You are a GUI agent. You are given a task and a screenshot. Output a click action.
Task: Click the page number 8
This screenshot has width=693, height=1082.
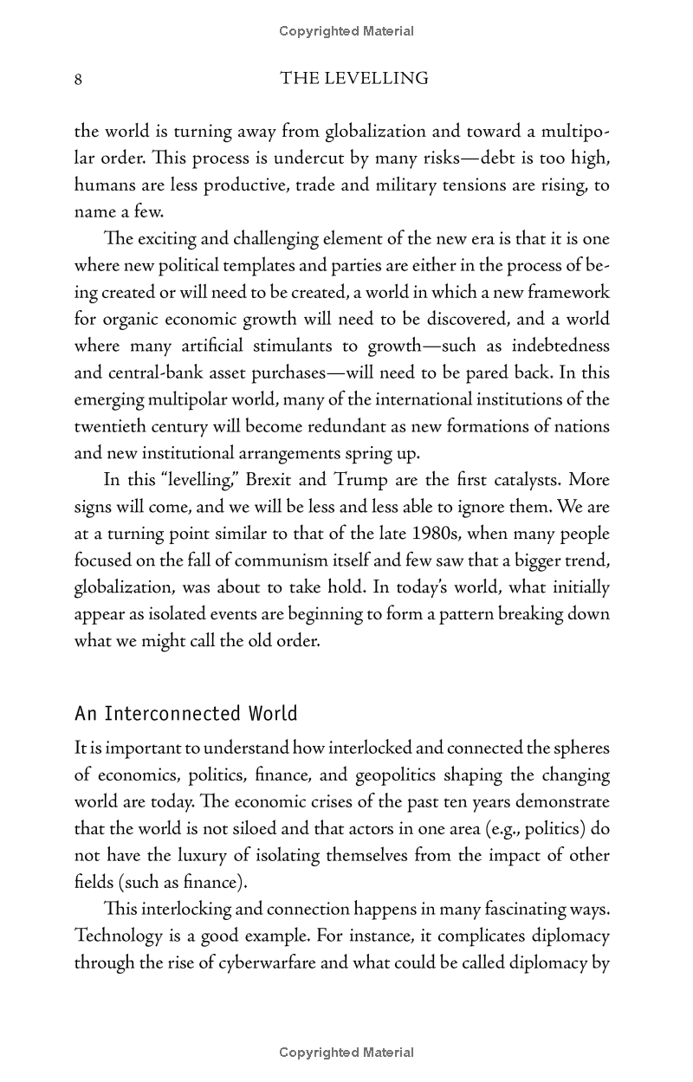point(79,80)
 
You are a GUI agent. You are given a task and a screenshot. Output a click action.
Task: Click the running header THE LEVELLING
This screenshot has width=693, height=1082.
point(354,79)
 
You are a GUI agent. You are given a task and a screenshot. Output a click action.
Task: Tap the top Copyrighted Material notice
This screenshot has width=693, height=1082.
point(346,31)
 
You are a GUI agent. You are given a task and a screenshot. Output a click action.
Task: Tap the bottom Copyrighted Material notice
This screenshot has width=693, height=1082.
point(346,1053)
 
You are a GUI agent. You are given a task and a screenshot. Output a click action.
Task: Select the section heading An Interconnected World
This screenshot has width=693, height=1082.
point(186,714)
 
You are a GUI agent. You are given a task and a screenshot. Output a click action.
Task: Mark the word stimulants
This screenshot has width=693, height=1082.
point(289,347)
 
